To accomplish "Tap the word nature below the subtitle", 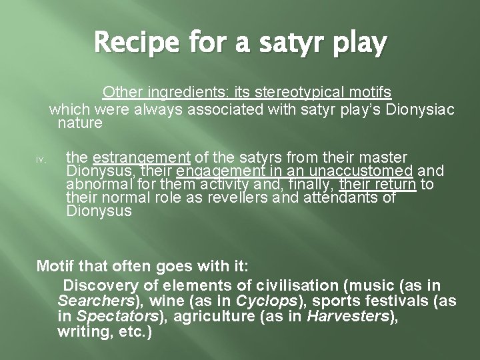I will click(80, 123).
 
